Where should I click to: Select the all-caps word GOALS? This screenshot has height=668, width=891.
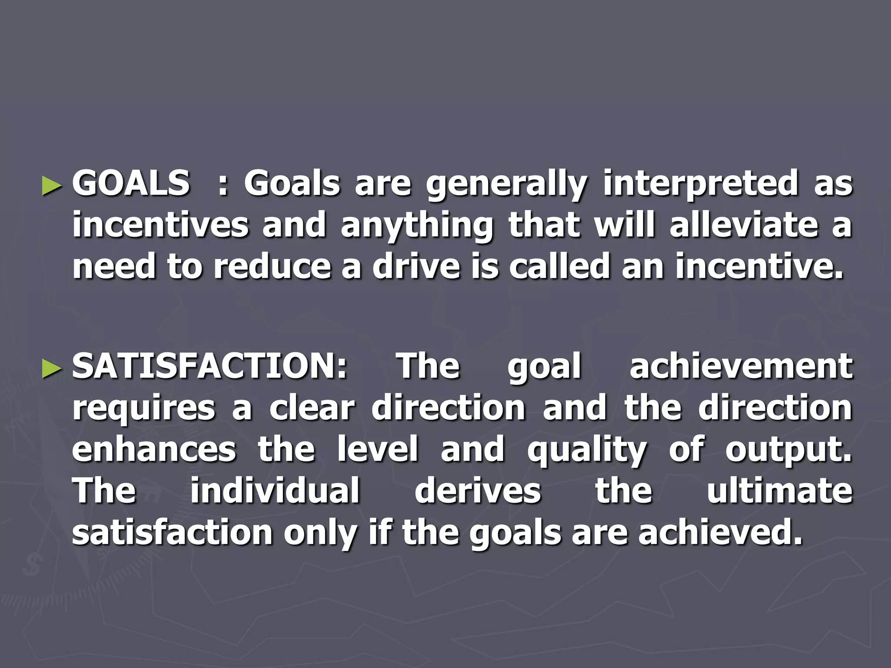[x=131, y=183]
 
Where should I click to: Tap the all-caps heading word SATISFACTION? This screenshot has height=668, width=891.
[x=209, y=366]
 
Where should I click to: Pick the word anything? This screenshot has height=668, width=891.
[x=417, y=226]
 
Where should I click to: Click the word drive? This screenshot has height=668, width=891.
[x=416, y=266]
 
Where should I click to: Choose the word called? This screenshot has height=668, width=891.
[x=559, y=266]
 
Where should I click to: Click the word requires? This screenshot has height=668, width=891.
[x=144, y=409]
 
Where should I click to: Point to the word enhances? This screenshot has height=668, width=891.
[x=154, y=449]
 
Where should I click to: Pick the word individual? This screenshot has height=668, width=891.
[x=275, y=491]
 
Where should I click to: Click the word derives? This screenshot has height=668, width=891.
[x=478, y=491]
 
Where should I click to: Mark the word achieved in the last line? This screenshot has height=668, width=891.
[x=720, y=532]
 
